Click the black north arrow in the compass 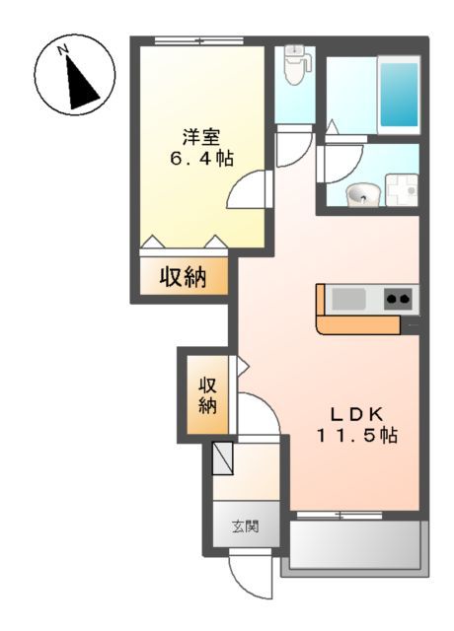click(x=79, y=81)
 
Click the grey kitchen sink click(x=347, y=298)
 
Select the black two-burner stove click(x=399, y=298)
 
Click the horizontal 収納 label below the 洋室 click(x=184, y=277)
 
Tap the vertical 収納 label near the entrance click(x=207, y=394)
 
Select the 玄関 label click(x=245, y=526)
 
